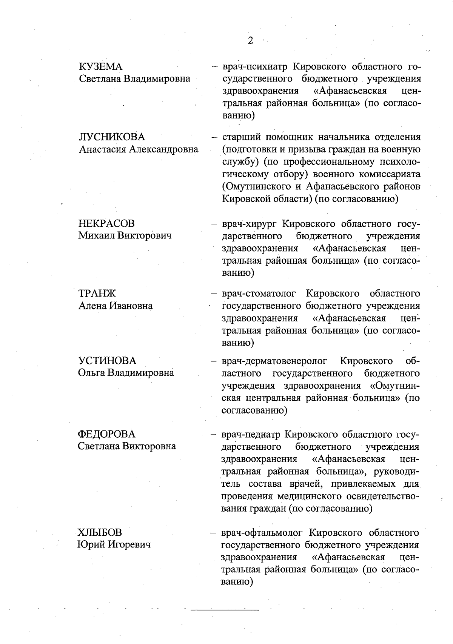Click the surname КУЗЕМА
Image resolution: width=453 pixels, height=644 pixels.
tap(101, 67)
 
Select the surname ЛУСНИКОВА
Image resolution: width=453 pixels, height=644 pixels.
tap(112, 137)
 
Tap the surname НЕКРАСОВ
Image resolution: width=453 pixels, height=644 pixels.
tap(106, 223)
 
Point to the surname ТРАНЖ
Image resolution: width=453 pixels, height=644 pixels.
tap(97, 293)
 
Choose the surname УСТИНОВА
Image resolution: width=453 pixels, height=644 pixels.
tap(107, 361)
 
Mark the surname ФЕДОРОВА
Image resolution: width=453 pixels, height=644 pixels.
tap(106, 434)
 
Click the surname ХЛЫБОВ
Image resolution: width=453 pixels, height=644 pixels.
tap(100, 532)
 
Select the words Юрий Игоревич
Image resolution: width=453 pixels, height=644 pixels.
tap(114, 544)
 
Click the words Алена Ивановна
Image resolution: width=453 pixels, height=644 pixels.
tap(115, 306)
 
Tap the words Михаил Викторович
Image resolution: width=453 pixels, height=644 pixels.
tap(125, 236)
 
